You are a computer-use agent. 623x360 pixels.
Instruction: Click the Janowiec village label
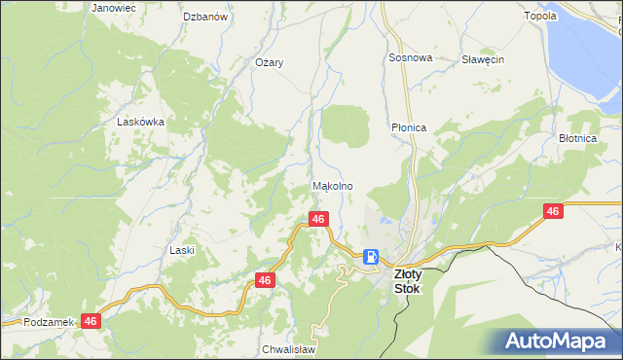(113, 8)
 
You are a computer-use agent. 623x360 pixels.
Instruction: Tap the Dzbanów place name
(205, 17)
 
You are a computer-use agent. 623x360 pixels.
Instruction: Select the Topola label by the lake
(568, 17)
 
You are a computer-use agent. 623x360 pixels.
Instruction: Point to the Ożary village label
(269, 62)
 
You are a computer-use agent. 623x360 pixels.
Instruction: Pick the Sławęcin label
(482, 59)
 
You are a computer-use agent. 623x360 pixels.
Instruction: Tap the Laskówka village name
(140, 123)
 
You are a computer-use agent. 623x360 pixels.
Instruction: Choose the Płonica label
(409, 127)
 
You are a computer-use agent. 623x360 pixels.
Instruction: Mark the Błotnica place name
(577, 139)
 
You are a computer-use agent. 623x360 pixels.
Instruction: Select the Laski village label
(182, 250)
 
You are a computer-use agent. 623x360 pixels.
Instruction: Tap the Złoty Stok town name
(406, 282)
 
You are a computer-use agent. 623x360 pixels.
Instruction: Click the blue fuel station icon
(371, 257)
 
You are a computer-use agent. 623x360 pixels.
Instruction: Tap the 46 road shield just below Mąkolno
(318, 220)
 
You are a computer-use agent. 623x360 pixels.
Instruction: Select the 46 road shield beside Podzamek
(92, 320)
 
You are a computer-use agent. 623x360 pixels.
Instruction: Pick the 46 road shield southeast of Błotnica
(553, 211)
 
